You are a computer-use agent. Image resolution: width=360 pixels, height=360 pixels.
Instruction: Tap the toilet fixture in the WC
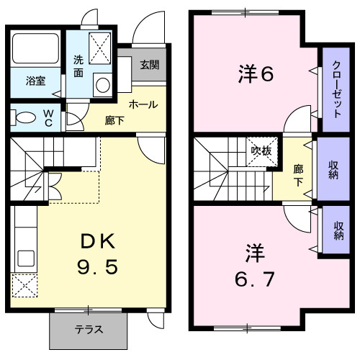[x=24, y=117]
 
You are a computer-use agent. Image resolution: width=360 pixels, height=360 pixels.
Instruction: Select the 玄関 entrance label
[x=150, y=64]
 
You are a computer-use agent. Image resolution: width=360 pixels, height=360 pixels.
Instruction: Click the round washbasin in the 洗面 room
[x=102, y=85]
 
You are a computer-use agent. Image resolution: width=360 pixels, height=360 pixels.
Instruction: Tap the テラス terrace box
[x=89, y=330]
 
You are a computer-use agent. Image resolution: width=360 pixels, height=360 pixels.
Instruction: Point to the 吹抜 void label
[x=260, y=150]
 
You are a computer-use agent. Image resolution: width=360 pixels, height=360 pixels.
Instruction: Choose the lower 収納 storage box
[x=338, y=230]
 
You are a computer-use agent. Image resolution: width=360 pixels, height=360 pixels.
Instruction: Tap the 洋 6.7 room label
[x=254, y=265]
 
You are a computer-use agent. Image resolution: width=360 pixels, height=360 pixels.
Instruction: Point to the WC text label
[x=47, y=117]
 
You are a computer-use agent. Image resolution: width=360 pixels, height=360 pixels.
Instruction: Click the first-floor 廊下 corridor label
[x=114, y=120]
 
